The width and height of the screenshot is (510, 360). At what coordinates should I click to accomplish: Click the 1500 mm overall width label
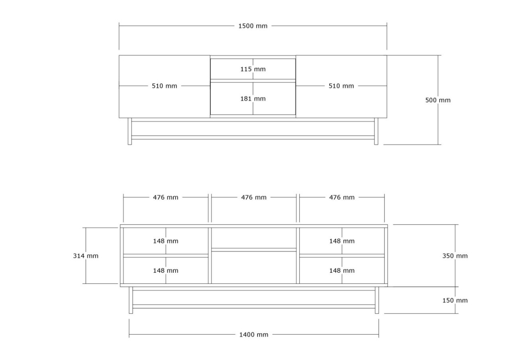point(253,26)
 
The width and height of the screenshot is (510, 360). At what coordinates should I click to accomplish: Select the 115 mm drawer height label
point(253,69)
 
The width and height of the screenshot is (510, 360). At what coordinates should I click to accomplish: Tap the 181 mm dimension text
point(253,98)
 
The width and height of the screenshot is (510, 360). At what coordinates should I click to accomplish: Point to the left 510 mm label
point(165,86)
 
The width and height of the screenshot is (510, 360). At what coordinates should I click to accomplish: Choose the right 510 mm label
point(341,86)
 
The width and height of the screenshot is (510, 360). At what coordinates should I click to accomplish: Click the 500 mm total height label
point(438,100)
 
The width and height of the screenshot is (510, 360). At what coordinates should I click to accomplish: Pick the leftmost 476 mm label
point(165,197)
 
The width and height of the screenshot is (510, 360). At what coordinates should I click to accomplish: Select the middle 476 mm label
point(254,197)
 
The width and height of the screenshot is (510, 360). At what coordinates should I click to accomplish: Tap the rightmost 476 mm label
point(342,197)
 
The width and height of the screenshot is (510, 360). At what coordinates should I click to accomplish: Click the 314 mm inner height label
point(86,256)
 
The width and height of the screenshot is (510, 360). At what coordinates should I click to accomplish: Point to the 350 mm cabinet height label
point(455,256)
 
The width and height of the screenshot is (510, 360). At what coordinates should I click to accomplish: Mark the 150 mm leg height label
point(455,300)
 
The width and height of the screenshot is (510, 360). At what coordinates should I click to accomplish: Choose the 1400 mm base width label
point(254,335)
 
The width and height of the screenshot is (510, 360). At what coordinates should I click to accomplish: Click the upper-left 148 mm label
point(165,241)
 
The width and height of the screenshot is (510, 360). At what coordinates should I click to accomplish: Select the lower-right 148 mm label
point(342,270)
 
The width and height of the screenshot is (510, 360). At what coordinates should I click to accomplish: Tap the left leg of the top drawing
point(130,131)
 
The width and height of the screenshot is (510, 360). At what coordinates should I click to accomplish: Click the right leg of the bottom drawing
point(377,300)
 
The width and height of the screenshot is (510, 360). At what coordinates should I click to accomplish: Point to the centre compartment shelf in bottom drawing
point(254,250)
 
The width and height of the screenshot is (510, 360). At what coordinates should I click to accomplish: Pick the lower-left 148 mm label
point(165,270)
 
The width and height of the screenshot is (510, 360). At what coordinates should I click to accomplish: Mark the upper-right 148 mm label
point(342,241)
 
